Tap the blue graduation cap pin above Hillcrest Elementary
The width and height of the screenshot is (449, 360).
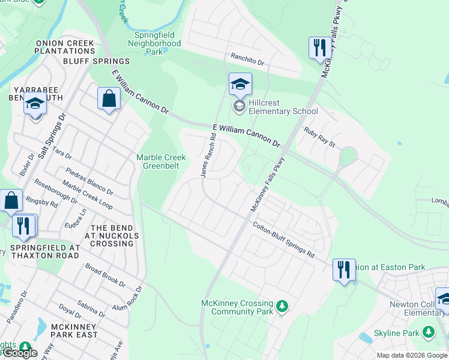coord(240,85)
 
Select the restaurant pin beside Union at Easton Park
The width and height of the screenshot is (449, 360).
coord(344,269)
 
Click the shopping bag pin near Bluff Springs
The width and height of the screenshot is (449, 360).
coord(109,99)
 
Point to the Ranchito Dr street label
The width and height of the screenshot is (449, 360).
coord(247,59)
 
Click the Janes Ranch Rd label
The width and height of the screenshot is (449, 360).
coord(208,155)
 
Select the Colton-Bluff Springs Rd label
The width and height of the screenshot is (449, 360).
coord(283,241)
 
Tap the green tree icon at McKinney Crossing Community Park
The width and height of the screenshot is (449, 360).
coord(282,308)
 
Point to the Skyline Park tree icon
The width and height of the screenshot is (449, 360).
coord(428,332)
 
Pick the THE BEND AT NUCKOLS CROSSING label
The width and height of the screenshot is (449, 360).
coord(107,236)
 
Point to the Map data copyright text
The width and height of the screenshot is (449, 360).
coord(411,355)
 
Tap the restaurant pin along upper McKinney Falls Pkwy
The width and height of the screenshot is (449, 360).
coord(318,49)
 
